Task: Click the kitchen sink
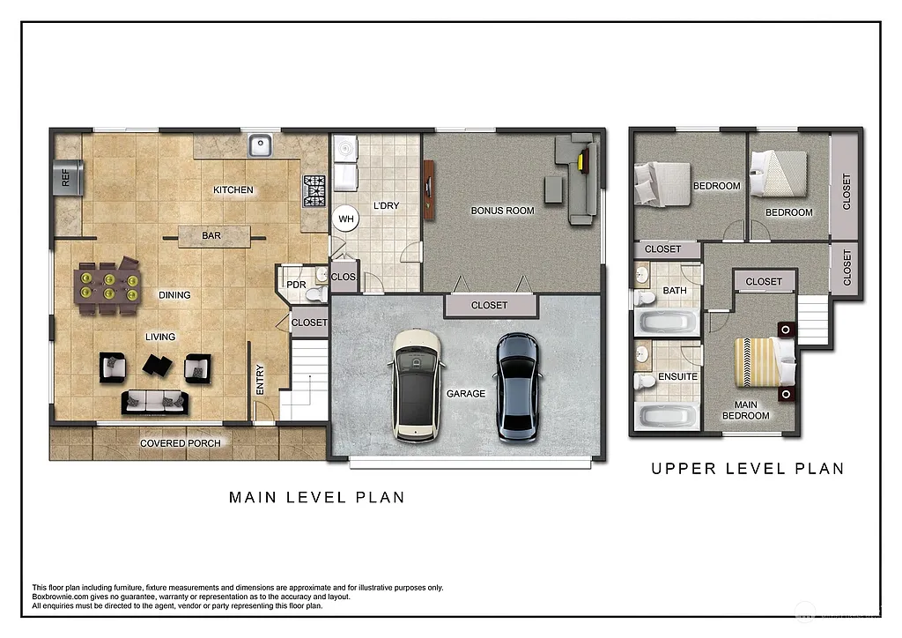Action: click(259, 145)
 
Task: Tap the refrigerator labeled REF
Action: click(68, 179)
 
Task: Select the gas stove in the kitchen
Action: click(314, 189)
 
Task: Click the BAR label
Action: click(211, 236)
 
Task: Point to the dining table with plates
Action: click(107, 286)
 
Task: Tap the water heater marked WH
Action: click(345, 219)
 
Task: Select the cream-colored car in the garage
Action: click(417, 385)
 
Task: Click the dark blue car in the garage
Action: click(516, 387)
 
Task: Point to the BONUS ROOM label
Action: click(502, 211)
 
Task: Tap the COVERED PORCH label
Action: click(181, 443)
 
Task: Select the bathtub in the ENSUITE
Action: click(667, 415)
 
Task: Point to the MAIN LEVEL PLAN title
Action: click(317, 498)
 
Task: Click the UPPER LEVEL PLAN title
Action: click(747, 469)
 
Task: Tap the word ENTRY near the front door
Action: click(261, 380)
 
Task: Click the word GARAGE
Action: click(465, 394)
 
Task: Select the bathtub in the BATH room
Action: click(667, 322)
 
